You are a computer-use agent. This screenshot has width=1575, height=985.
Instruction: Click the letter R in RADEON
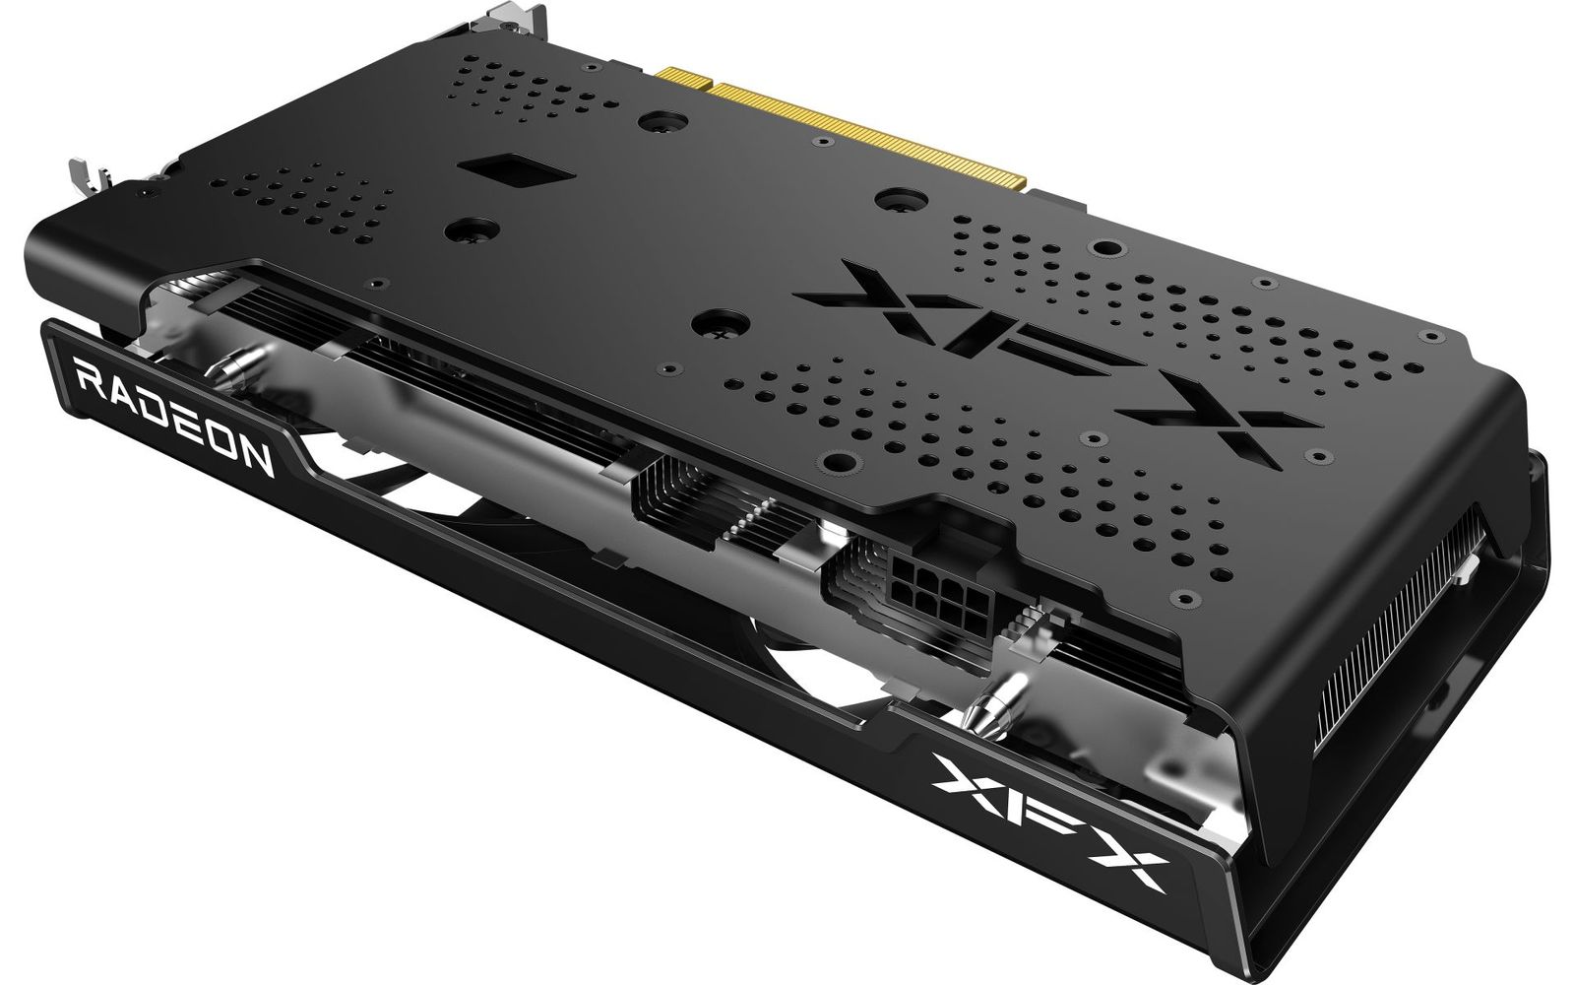[x=88, y=377]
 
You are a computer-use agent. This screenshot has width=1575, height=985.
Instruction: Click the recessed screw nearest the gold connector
[x=653, y=125]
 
